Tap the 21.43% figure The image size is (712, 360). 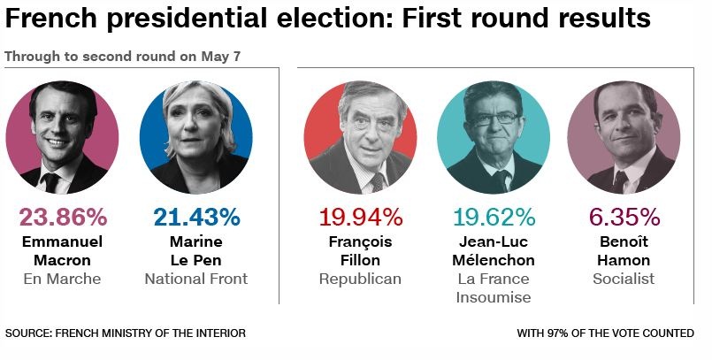196,218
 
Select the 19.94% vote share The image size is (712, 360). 360,218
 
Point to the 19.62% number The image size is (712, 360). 494,218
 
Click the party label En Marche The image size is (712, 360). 62,279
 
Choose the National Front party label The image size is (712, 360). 196,279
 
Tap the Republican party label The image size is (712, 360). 360,279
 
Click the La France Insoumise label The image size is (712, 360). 494,287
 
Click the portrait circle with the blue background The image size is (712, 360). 196,138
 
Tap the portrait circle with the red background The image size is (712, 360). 360,138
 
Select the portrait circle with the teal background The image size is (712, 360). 494,138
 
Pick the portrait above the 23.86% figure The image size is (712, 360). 62,138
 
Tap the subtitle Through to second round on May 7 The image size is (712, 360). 123,56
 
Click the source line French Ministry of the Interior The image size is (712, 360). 126,333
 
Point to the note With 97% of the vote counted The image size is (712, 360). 606,333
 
